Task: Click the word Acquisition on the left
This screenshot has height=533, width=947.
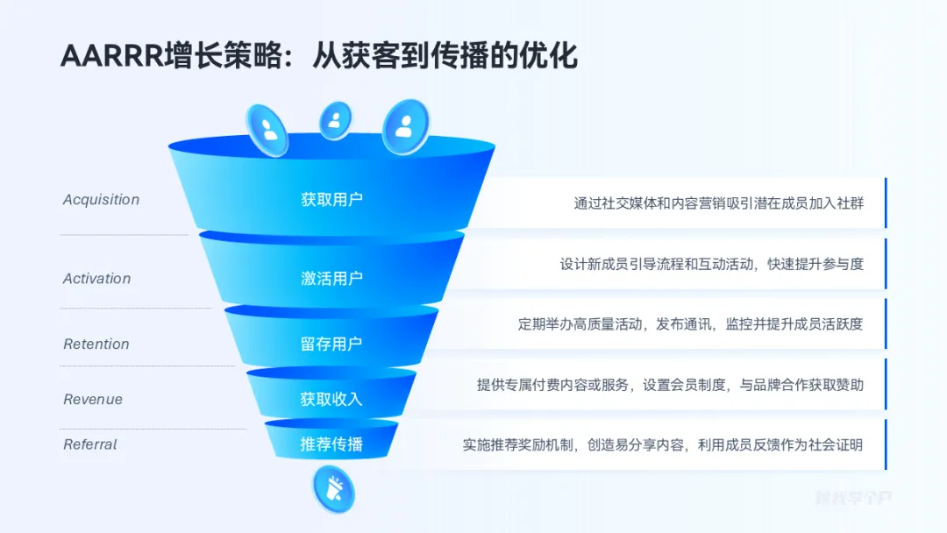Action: coord(101,200)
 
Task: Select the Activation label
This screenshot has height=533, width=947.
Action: coord(96,279)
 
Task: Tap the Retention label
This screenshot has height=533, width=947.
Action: coord(96,345)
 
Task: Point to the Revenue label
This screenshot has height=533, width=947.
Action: coord(93,400)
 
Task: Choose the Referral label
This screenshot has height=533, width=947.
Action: coord(90,444)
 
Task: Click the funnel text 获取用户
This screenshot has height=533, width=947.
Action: coord(331,200)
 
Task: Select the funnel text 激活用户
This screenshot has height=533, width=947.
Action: coord(331,279)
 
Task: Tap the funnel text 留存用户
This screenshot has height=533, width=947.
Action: coord(331,345)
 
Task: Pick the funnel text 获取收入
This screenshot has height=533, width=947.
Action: coord(331,400)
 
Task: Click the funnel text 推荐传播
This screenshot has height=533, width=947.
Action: coord(331,444)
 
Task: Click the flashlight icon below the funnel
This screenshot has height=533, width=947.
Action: coord(333,489)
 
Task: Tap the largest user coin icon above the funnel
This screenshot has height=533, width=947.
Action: coord(405,126)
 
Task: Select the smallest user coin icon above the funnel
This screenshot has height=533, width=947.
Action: coord(334,121)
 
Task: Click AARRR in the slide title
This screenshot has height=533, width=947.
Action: coord(104,56)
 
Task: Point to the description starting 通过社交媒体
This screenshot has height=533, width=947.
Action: coord(718,203)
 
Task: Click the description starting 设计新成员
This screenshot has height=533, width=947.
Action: coord(711,264)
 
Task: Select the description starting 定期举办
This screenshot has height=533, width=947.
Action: coord(690,324)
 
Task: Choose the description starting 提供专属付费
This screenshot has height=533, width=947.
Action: coord(670,385)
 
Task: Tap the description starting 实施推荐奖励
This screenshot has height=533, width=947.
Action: coord(663,444)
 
